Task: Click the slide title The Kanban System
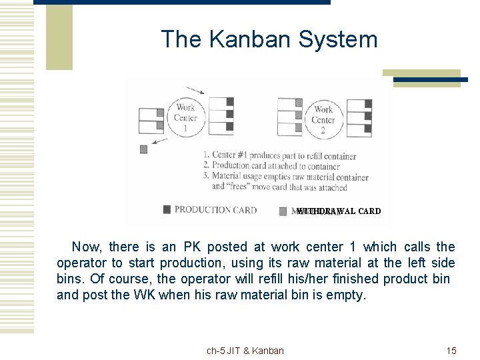pyautogui.click(x=269, y=39)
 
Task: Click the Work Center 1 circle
pyautogui.click(x=185, y=117)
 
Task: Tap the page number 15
pyautogui.click(x=451, y=351)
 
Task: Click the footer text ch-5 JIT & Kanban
pyautogui.click(x=245, y=351)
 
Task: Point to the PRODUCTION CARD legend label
pyautogui.click(x=215, y=210)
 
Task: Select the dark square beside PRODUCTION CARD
pyautogui.click(x=167, y=210)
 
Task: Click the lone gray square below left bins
pyautogui.click(x=143, y=149)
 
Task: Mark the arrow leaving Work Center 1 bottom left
pyautogui.click(x=159, y=141)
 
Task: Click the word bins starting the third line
pyautogui.click(x=70, y=279)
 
